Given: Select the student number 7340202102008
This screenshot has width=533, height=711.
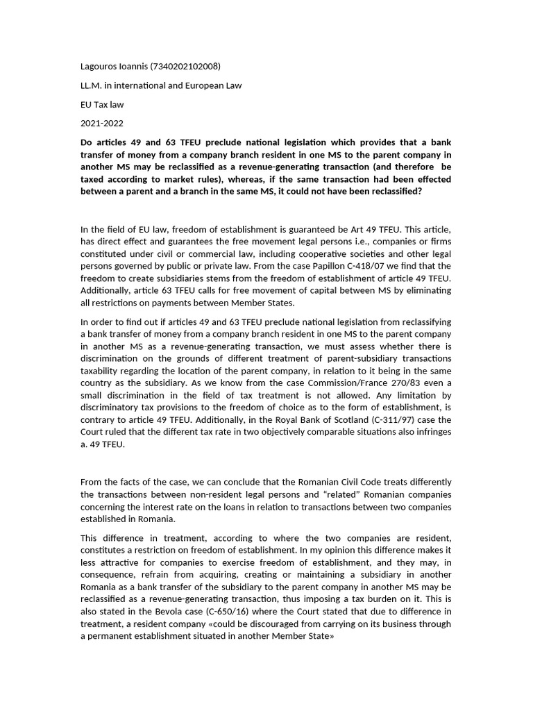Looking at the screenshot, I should [185, 67].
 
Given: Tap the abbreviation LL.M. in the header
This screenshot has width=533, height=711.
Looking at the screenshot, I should [92, 85].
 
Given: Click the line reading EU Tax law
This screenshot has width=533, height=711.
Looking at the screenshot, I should [103, 104].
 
